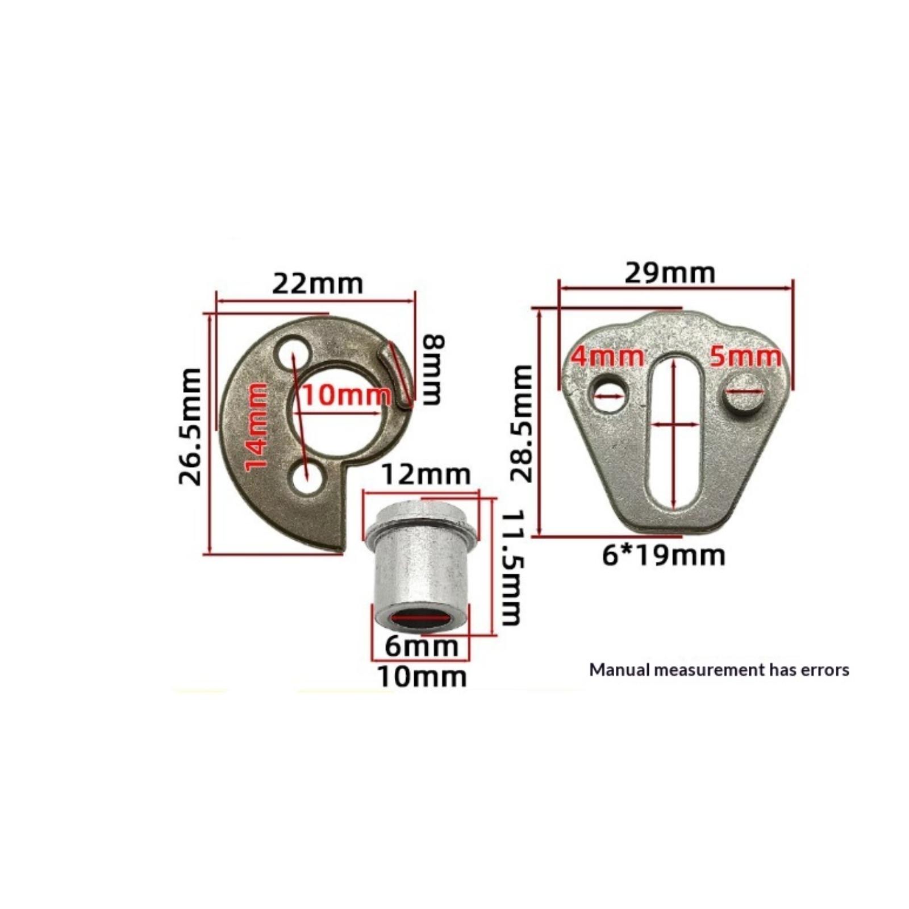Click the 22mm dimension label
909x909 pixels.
[x=317, y=283]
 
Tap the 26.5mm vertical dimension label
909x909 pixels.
[x=190, y=426]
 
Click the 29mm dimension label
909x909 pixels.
[x=670, y=273]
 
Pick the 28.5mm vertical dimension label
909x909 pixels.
[x=521, y=424]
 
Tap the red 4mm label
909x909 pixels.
[x=607, y=357]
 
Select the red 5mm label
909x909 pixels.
[x=745, y=357]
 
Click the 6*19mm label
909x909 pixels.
[x=664, y=555]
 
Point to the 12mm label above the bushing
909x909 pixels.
[x=426, y=474]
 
